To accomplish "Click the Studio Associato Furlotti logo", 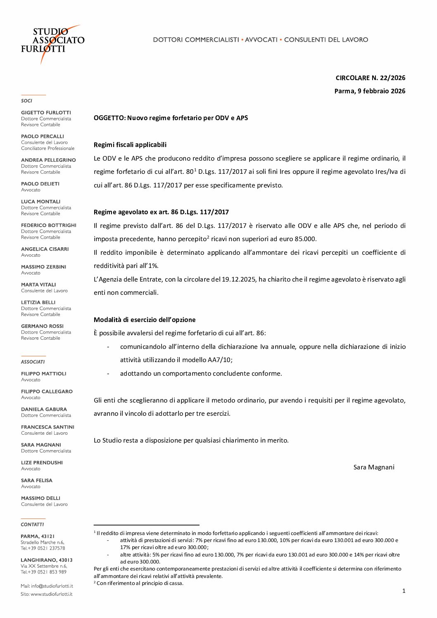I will tap(52, 44).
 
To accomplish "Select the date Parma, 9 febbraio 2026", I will tap(370, 91).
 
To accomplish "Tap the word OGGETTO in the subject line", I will tap(109, 118).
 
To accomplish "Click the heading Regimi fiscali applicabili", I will tap(130, 145).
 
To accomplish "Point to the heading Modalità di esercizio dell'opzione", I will tap(145, 320).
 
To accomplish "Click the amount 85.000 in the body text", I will tap(305, 239).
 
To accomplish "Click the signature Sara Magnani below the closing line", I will tap(374, 467).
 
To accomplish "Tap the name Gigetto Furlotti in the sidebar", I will tap(46, 113).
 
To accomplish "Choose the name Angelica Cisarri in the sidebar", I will tap(45, 249).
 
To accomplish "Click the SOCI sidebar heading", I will tap(26, 101).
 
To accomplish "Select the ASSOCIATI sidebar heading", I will tap(33, 362).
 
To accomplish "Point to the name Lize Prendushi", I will tap(42, 463).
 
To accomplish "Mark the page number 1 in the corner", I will tap(404, 591).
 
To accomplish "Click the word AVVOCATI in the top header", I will tap(261, 40).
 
